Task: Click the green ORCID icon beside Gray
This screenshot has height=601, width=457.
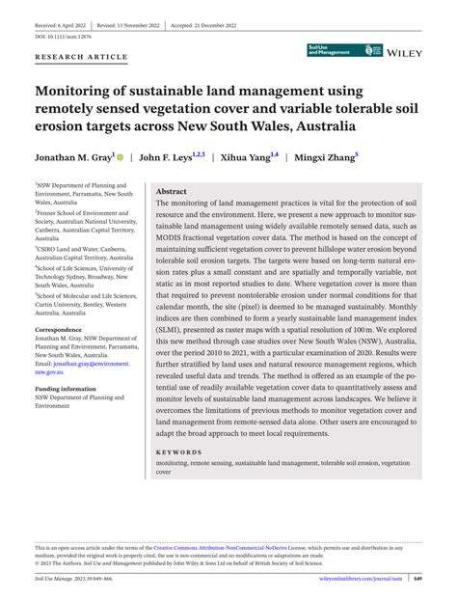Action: click(122, 154)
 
